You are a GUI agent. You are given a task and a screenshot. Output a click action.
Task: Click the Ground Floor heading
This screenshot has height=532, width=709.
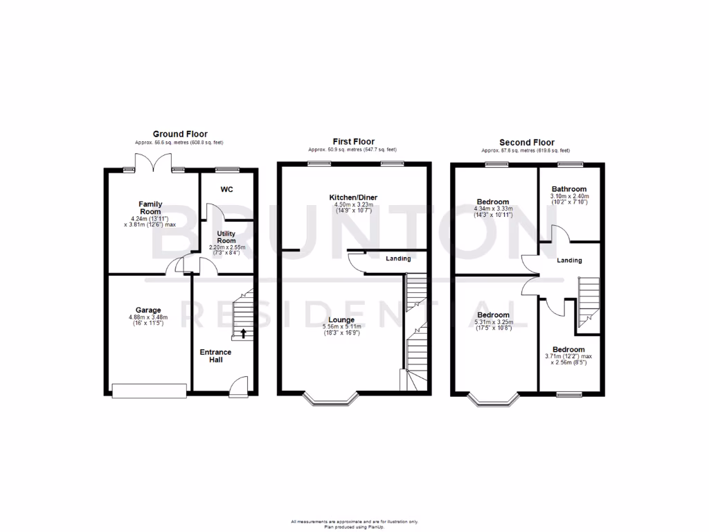(x=180, y=134)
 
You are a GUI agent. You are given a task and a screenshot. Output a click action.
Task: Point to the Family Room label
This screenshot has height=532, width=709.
(x=150, y=208)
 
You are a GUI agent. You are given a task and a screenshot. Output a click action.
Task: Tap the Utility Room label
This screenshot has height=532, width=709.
(x=226, y=238)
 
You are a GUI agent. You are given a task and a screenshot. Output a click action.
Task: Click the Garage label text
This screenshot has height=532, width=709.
(x=148, y=310)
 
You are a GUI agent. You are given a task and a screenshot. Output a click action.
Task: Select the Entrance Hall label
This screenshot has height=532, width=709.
(x=215, y=356)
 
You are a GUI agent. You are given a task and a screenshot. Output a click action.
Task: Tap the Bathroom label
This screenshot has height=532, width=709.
(x=569, y=189)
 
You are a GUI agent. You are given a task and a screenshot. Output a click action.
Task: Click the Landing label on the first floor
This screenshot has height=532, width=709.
(x=398, y=259)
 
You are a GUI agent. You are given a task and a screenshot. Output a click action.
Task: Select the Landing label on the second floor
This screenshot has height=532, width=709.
(x=569, y=260)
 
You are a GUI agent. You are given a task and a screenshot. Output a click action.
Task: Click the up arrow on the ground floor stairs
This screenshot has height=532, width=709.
(x=243, y=333)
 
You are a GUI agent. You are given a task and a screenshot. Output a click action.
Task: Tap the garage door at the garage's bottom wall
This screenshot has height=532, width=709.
(x=149, y=391)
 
